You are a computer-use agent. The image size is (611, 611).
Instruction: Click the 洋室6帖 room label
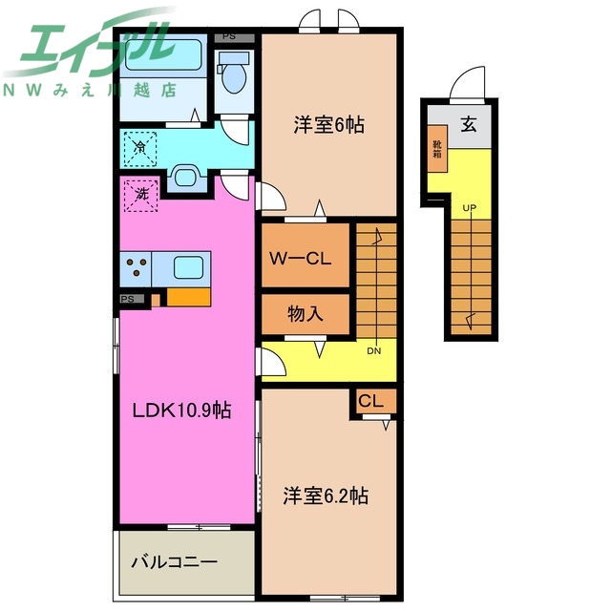tap(329, 124)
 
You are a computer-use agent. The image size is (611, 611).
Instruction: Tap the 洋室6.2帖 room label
tap(326, 496)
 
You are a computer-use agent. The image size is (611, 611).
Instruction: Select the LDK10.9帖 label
tap(181, 411)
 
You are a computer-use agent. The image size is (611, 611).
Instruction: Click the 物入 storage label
tap(305, 314)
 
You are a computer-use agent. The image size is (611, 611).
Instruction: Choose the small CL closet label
tap(371, 402)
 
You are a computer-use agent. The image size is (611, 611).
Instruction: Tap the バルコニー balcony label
tap(174, 562)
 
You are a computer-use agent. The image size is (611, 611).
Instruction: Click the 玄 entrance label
tap(469, 123)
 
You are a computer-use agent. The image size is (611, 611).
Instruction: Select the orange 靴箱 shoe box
tap(435, 148)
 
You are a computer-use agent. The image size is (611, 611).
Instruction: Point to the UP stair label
tap(470, 207)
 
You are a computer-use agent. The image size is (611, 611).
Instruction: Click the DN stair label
tap(373, 350)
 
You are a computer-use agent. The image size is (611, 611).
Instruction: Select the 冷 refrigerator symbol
tap(140, 147)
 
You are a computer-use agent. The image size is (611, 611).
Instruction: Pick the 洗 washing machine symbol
tap(140, 195)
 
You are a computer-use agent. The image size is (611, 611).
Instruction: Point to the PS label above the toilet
tap(228, 36)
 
